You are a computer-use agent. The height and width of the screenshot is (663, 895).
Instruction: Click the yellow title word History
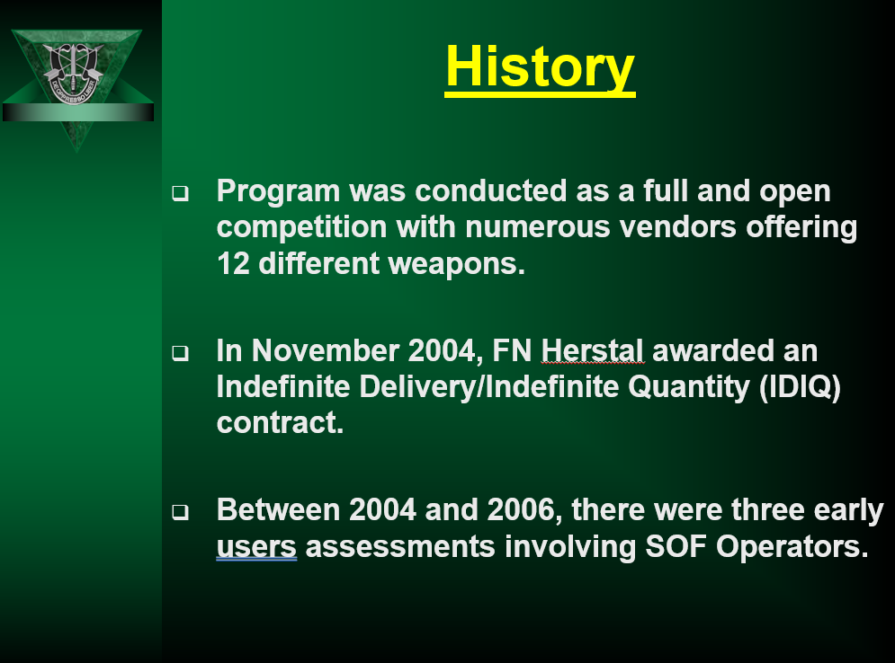540,68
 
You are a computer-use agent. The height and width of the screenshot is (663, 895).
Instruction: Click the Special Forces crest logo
73,73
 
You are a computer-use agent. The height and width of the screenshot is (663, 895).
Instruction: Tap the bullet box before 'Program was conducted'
181,193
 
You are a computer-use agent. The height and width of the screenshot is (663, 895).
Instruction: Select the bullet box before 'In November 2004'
181,353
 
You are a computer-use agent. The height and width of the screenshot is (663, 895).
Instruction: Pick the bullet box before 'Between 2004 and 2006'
181,512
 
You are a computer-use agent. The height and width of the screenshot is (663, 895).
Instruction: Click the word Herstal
592,350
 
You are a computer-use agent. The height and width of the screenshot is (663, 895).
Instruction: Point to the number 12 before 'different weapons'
233,264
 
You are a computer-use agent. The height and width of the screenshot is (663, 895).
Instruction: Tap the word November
325,350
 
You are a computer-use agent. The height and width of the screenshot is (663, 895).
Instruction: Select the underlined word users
256,547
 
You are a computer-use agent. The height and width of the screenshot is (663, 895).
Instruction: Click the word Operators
792,547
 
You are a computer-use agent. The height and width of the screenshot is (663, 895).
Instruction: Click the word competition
302,227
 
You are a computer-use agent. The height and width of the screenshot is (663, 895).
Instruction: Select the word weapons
456,265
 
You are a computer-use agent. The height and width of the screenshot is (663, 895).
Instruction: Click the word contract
281,423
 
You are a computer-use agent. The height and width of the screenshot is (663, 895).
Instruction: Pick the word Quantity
689,388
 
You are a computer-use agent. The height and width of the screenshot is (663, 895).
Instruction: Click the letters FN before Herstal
512,350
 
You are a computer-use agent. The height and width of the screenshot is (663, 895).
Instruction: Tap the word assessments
400,547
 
